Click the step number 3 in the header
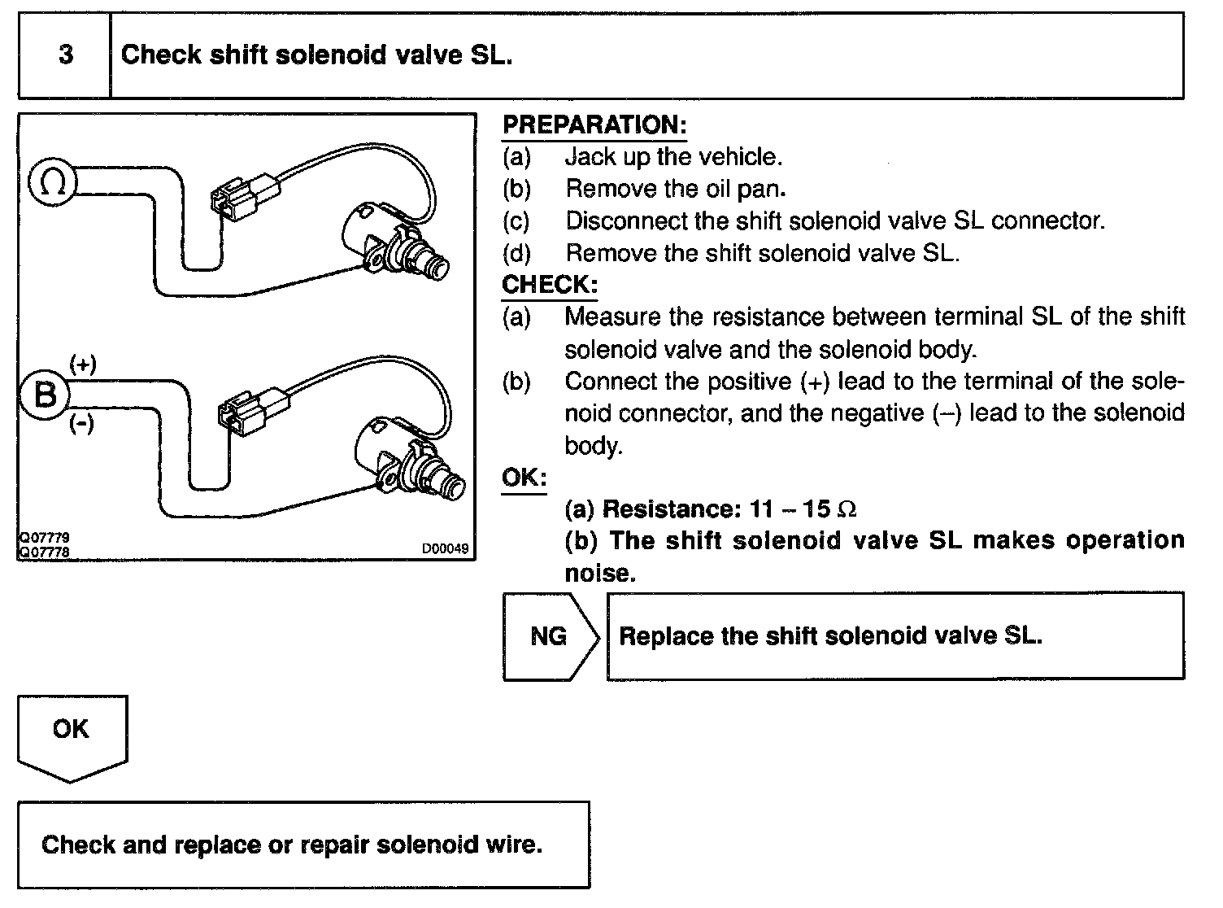66,55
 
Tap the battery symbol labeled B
46,395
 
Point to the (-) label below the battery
81,424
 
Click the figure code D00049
445,549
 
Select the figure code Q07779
43,539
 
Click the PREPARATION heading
594,125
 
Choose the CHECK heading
550,285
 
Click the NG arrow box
550,636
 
